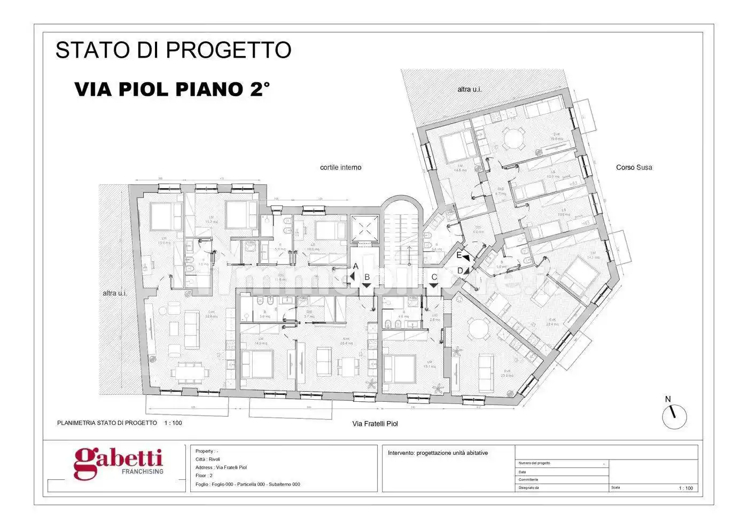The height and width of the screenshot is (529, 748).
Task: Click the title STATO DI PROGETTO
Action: pyautogui.click(x=173, y=50)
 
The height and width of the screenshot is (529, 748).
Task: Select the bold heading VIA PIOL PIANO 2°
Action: pyautogui.click(x=172, y=89)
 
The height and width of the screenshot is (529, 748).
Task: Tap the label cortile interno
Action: pyautogui.click(x=340, y=168)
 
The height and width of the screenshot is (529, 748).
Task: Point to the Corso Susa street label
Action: pyautogui.click(x=634, y=167)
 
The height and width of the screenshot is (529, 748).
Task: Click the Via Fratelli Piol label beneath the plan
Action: pyautogui.click(x=375, y=424)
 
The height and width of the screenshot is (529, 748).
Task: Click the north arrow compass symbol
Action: pyautogui.click(x=674, y=415)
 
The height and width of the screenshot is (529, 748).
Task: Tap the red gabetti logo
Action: pyautogui.click(x=118, y=463)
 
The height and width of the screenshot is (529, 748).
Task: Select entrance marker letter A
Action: pyautogui.click(x=355, y=267)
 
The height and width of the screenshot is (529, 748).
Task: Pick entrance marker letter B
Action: pyautogui.click(x=367, y=277)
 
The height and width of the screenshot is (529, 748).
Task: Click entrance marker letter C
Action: pyautogui.click(x=434, y=277)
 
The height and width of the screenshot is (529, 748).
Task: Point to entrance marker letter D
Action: pyautogui.click(x=460, y=270)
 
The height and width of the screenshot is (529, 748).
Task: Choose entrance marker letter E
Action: pyautogui.click(x=458, y=255)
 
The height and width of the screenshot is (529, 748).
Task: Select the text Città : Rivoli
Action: pyautogui.click(x=208, y=460)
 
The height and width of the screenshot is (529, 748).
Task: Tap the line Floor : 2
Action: pyautogui.click(x=204, y=476)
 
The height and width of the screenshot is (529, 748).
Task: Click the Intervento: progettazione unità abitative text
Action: pyautogui.click(x=438, y=453)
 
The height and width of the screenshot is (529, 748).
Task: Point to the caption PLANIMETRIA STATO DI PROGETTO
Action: pyautogui.click(x=107, y=423)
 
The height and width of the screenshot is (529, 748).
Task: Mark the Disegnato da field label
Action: pyautogui.click(x=529, y=488)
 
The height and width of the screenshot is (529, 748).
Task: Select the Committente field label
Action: pyautogui.click(x=528, y=480)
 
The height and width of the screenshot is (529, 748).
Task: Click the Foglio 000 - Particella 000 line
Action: pyautogui.click(x=248, y=484)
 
